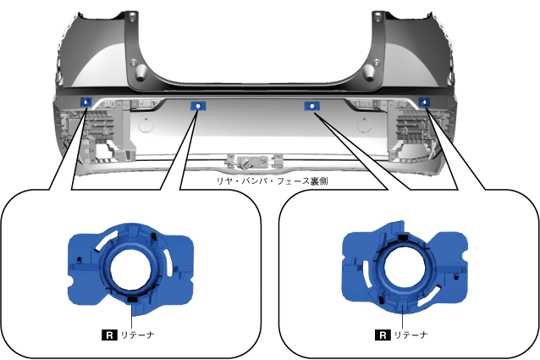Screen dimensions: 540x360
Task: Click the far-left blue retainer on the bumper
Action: tap(85, 102)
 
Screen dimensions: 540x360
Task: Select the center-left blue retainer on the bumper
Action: tap(198, 107)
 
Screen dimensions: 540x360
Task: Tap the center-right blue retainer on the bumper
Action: tap(312, 106)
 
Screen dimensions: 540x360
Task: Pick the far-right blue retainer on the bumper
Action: tap(424, 102)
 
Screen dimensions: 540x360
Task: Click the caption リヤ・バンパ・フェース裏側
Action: tap(272, 181)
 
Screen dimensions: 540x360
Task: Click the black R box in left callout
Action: tap(109, 335)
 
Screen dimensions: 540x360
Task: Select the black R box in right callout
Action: tap(383, 335)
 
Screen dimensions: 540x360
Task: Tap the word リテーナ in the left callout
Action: tap(137, 335)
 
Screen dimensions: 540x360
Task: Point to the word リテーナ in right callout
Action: tap(411, 335)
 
